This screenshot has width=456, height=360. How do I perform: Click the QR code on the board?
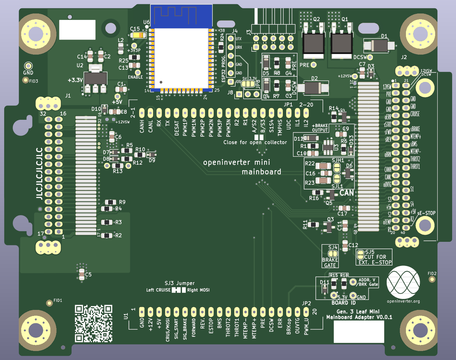[x=93, y=323]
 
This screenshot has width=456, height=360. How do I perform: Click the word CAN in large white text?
[x=347, y=193]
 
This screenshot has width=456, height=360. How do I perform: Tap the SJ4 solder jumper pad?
[x=333, y=254]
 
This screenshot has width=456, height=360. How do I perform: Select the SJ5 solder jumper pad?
[x=360, y=254]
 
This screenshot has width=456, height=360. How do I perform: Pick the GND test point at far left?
[x=28, y=66]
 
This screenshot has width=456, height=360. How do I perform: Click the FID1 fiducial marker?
[x=49, y=303]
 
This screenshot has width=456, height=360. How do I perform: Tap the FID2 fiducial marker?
[x=432, y=279]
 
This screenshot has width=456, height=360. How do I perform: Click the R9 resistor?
[x=111, y=202]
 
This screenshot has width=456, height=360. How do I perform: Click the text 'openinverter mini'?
[x=237, y=162]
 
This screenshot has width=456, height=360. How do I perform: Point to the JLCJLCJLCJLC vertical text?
[x=39, y=173]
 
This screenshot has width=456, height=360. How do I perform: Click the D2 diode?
[x=313, y=88]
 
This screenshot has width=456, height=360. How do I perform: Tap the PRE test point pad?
[x=314, y=65]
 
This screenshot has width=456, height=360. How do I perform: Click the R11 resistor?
[x=313, y=224]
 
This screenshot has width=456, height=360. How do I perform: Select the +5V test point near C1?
[x=117, y=97]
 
